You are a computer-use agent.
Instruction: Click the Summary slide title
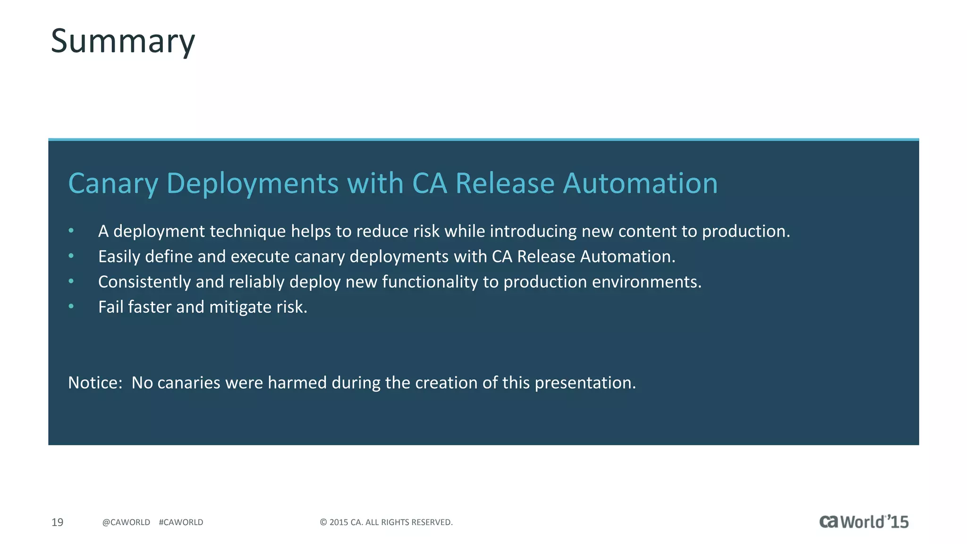click(x=123, y=42)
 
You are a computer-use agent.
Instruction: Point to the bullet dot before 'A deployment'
click(x=71, y=231)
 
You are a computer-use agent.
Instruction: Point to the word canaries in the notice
click(x=188, y=382)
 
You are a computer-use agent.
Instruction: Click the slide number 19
click(x=57, y=522)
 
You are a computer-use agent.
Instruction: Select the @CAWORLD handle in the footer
click(x=126, y=522)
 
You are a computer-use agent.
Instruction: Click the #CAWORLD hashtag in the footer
click(x=181, y=522)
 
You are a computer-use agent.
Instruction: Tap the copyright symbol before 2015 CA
click(x=323, y=522)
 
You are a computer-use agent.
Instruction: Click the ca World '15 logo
click(x=864, y=522)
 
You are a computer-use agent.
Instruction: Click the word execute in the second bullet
click(x=260, y=257)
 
